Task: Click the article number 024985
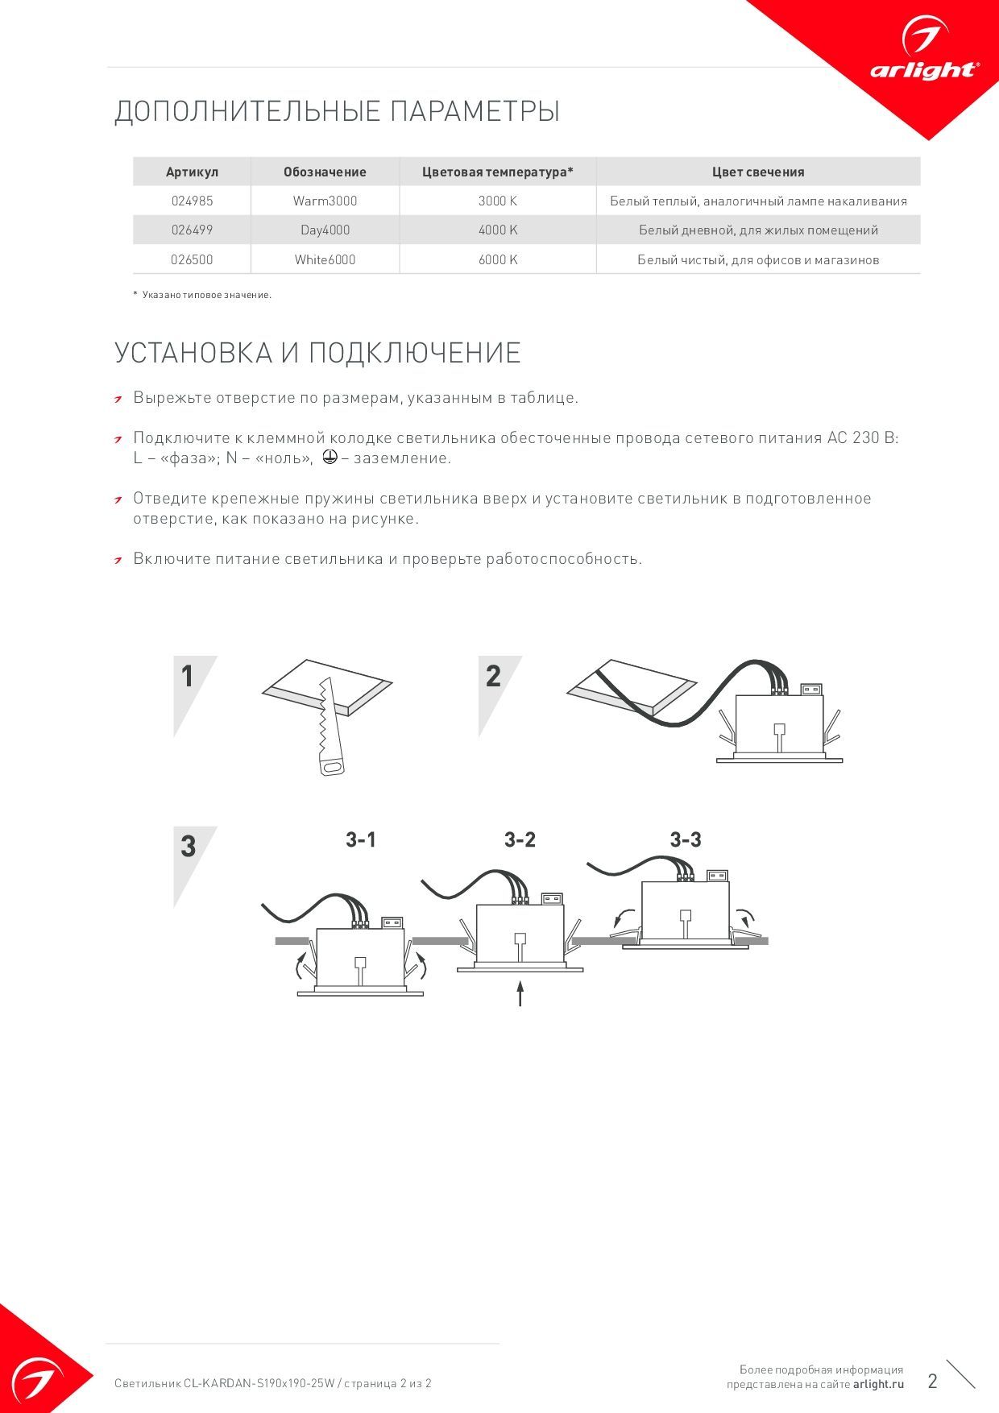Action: point(192,201)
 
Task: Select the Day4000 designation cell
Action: point(325,230)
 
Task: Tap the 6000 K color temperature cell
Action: point(498,259)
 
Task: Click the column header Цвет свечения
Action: point(758,172)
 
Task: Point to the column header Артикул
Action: point(192,172)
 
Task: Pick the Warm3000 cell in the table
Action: point(325,201)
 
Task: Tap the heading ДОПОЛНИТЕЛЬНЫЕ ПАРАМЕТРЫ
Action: point(337,111)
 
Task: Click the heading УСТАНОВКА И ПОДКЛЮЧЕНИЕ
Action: point(317,353)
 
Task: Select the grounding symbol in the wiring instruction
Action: point(328,457)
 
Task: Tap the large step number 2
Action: point(493,677)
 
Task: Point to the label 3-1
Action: point(361,839)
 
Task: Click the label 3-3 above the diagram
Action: point(686,839)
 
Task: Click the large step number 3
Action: point(188,847)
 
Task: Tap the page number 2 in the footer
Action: point(932,1381)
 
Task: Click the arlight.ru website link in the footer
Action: point(878,1384)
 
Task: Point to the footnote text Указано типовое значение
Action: point(206,295)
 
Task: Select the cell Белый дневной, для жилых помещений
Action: point(758,230)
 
